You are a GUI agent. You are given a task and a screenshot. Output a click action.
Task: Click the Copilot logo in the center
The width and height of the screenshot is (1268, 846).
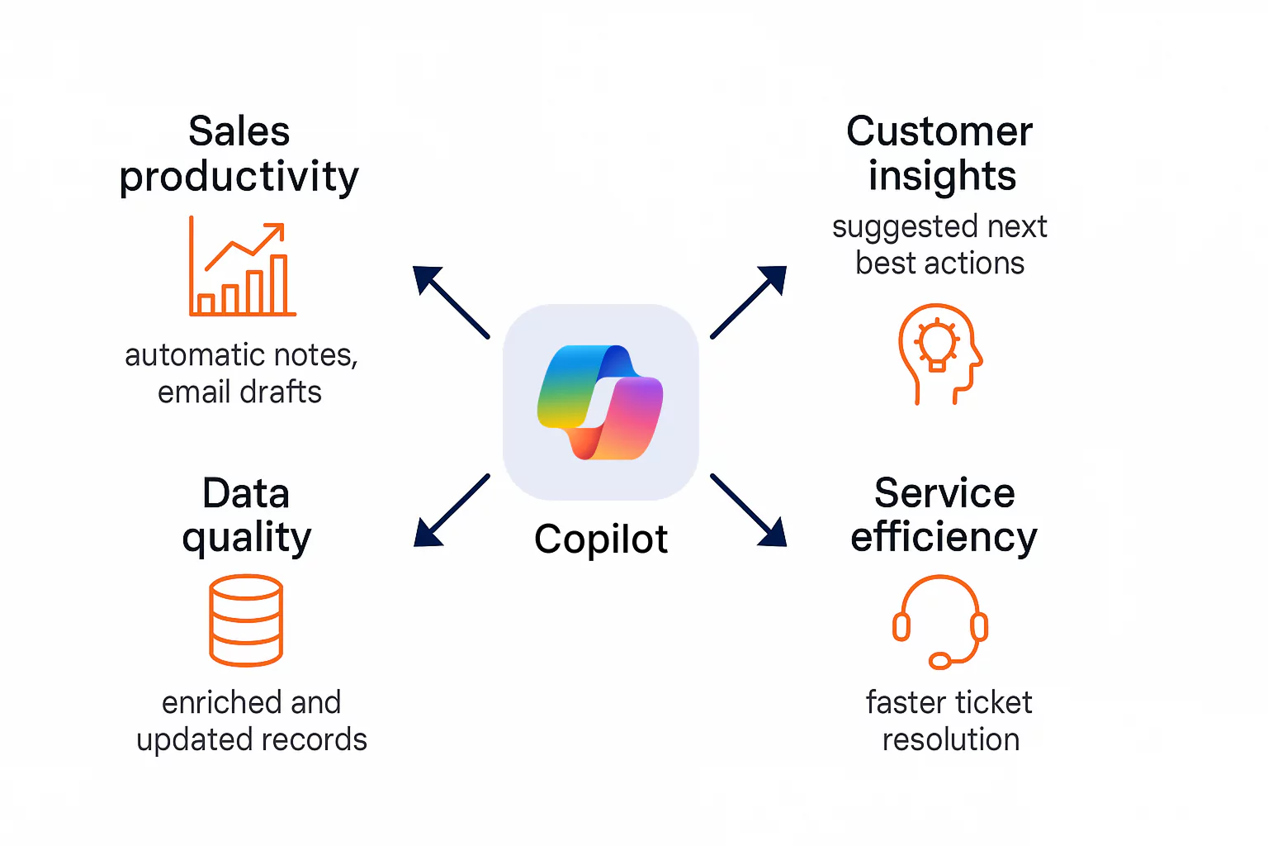(600, 402)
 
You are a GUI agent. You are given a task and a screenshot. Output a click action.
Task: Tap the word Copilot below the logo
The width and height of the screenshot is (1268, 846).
(600, 539)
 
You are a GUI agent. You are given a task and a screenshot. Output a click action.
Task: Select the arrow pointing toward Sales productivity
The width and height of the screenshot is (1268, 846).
(450, 302)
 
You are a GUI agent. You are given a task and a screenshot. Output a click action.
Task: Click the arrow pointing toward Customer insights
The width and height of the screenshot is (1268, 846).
(749, 302)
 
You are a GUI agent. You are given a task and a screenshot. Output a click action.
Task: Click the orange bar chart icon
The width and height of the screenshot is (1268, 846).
(242, 268)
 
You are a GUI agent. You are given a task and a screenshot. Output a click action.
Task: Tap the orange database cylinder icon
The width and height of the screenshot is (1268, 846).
(246, 620)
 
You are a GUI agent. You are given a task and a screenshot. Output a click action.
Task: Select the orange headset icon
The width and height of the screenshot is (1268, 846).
(940, 622)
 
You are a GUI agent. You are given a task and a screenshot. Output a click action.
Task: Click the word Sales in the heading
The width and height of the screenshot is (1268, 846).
(239, 132)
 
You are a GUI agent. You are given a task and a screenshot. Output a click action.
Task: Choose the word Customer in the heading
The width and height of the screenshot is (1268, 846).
(939, 132)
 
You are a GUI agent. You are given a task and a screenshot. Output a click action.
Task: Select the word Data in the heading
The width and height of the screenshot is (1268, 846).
(246, 494)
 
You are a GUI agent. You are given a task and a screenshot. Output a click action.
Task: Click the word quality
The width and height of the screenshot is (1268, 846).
(247, 539)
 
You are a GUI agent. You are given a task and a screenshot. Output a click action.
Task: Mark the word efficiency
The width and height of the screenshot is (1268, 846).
(944, 538)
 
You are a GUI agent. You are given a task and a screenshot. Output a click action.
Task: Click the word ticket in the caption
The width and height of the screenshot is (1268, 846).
(992, 703)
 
